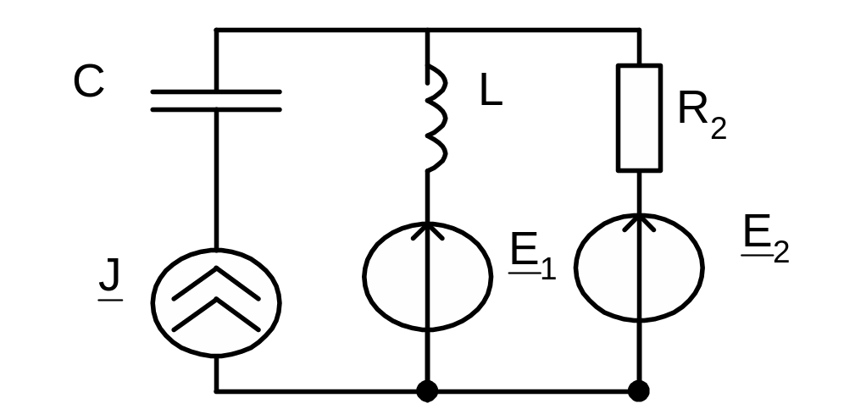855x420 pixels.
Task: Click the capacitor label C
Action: [x=89, y=82]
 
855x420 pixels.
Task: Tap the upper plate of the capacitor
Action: [x=215, y=91]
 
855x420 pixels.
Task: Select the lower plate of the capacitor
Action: [x=215, y=109]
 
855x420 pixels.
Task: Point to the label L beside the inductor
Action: [x=491, y=91]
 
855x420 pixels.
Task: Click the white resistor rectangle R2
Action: [x=639, y=118]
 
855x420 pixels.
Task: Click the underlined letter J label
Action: [x=110, y=280]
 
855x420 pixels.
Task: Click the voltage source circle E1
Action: [x=427, y=274]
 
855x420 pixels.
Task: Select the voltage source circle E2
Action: [x=639, y=267]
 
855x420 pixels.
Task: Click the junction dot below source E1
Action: [x=427, y=391]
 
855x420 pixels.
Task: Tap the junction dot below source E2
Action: [x=639, y=391]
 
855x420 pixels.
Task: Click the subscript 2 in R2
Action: [x=718, y=129]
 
